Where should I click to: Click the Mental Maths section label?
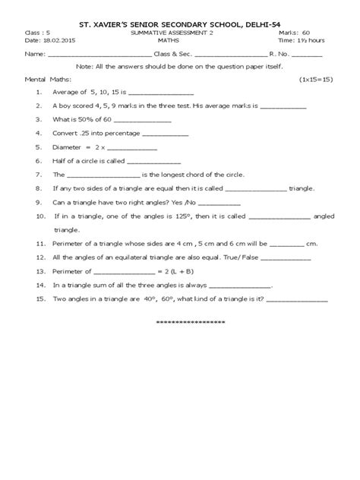tap(45, 79)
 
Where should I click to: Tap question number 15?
tap(39, 298)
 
